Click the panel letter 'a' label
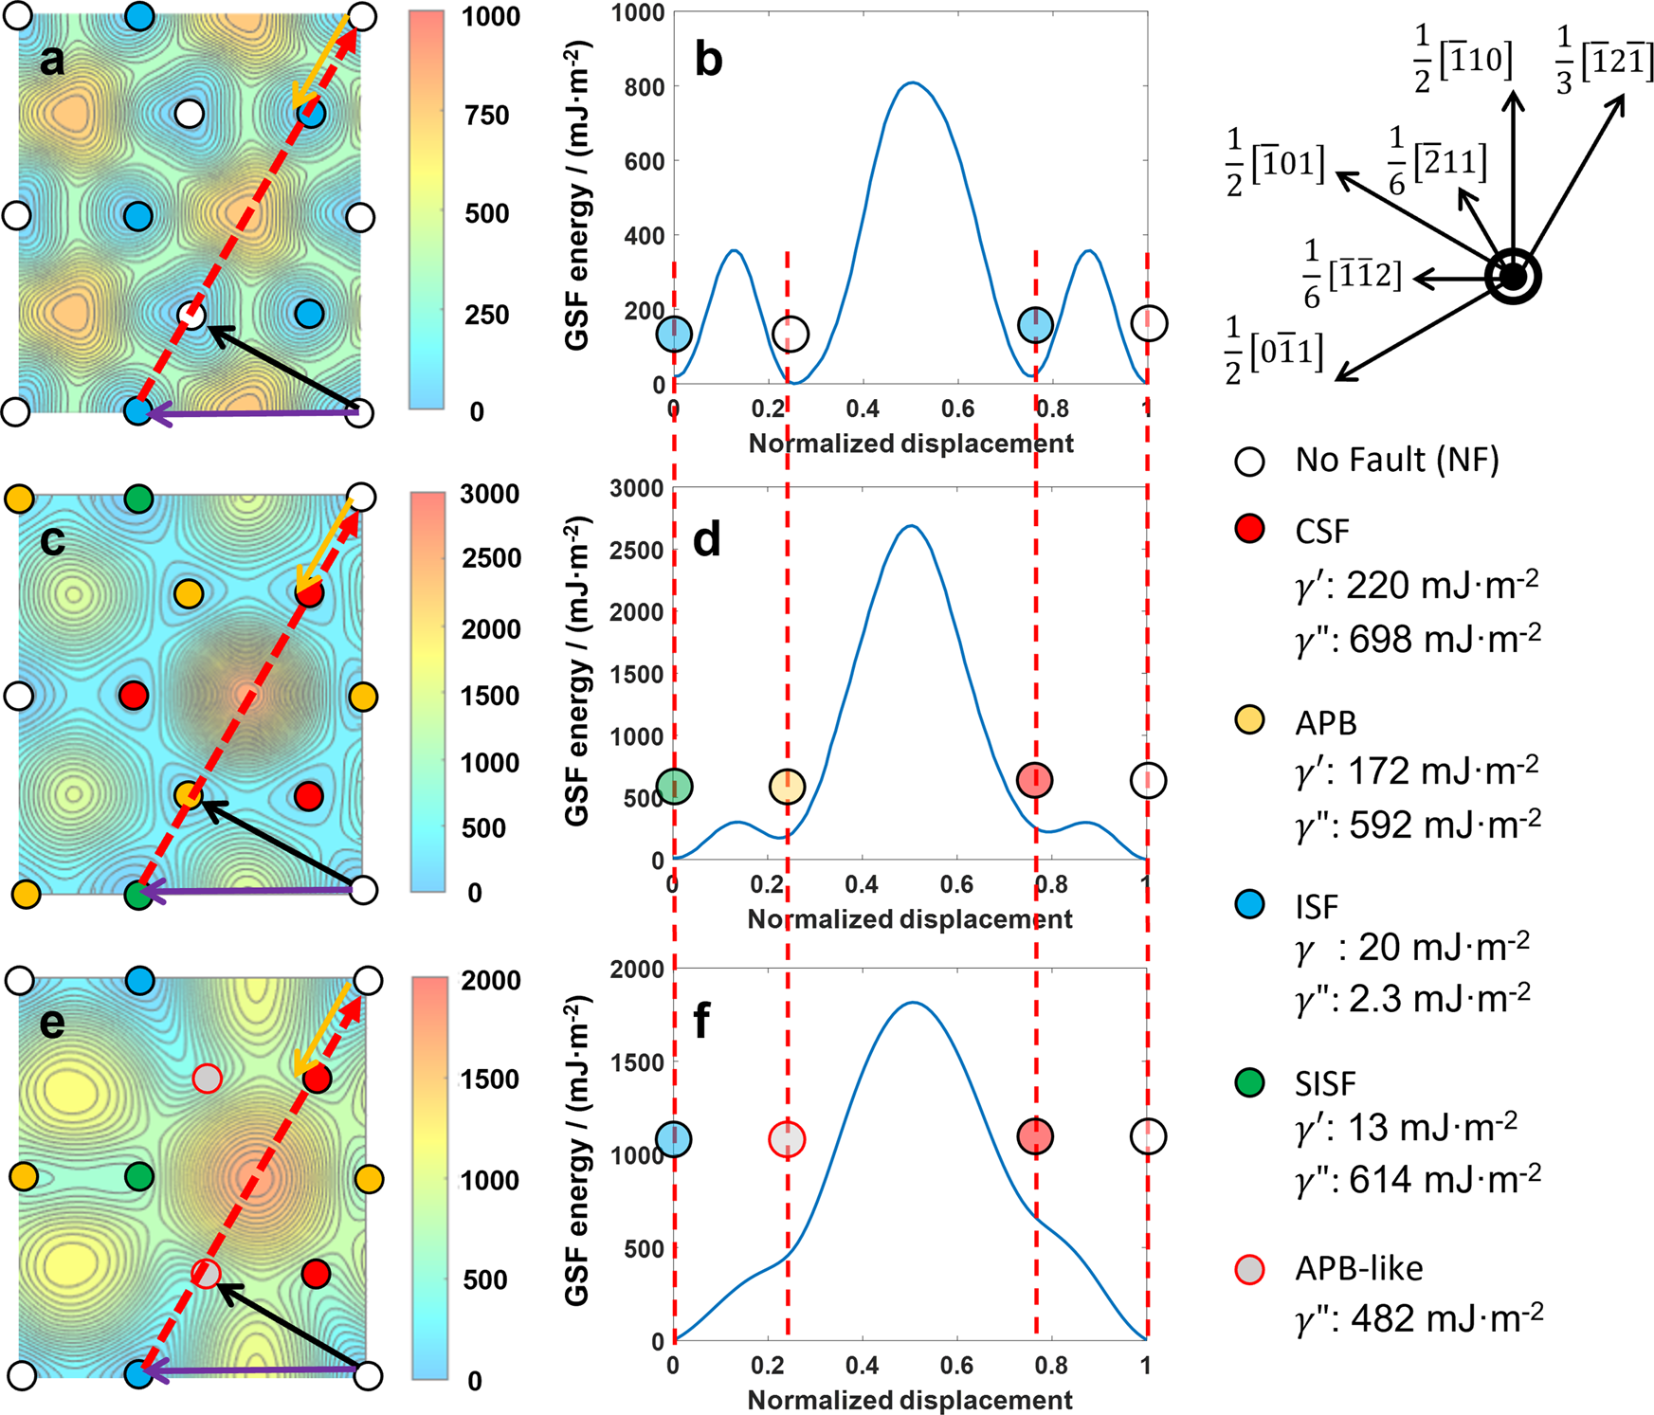[52, 61]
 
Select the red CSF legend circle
[1250, 529]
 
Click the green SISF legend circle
[1250, 1082]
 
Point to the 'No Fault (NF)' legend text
[1397, 461]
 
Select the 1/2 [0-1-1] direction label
[1274, 351]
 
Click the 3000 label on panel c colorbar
[490, 494]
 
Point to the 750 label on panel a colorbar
[487, 116]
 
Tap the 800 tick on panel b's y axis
[645, 86]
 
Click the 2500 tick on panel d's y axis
[637, 551]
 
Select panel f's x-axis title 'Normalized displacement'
[910, 1399]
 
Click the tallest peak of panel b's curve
[911, 83]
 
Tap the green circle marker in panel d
[674, 786]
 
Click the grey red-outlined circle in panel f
[787, 1138]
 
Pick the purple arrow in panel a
[251, 412]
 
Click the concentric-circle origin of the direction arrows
[1513, 278]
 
